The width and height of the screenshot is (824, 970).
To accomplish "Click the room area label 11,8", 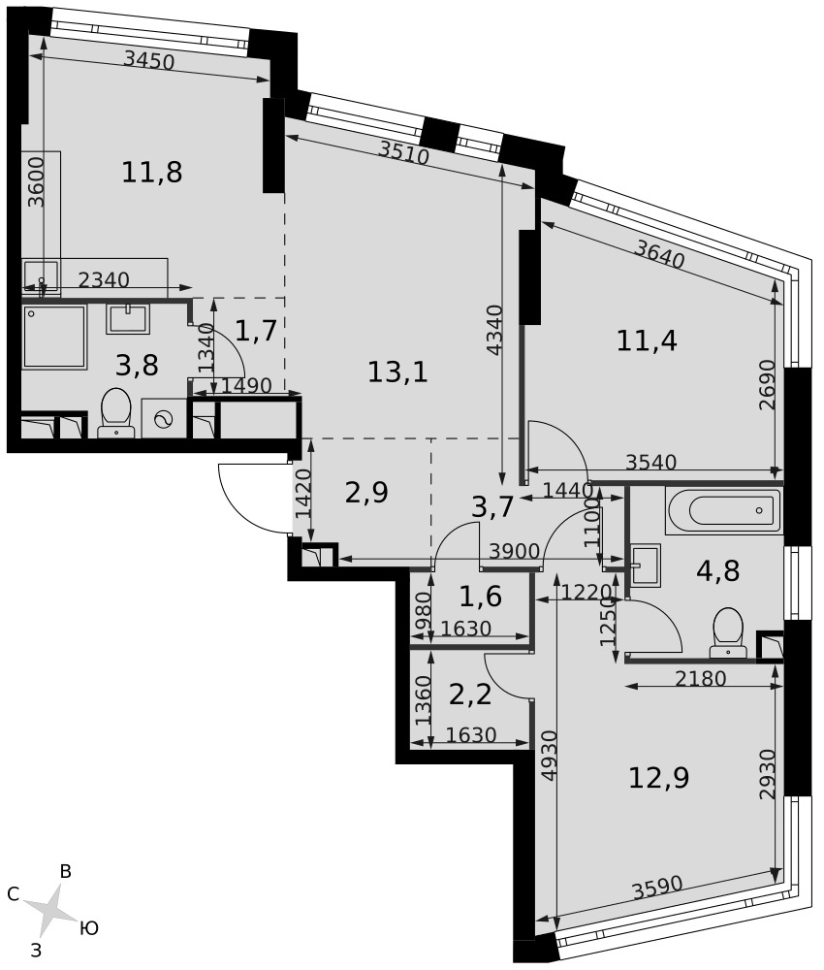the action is tap(152, 172).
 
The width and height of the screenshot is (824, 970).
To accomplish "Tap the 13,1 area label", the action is tap(397, 372).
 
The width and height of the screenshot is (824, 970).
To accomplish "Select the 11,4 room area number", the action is tap(648, 340).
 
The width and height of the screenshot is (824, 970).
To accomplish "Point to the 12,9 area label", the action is tap(658, 778).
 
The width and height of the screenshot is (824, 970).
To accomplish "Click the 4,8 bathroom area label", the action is tap(717, 571).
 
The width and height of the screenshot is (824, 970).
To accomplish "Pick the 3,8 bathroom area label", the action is tap(137, 366).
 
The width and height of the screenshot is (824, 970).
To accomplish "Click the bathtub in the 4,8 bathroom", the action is tap(724, 510).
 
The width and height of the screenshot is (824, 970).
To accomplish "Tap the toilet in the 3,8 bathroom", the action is tap(115, 412).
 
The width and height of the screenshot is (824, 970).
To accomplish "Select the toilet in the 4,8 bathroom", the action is tap(728, 632).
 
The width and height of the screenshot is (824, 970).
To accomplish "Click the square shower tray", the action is tap(54, 337).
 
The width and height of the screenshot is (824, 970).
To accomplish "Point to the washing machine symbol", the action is tap(164, 419).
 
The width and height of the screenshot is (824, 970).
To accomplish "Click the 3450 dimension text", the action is tap(149, 60).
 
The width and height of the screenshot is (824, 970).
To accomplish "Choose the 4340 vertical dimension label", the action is tap(493, 331).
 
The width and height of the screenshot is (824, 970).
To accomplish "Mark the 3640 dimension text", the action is tap(660, 254).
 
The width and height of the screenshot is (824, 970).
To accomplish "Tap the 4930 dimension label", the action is tap(549, 758).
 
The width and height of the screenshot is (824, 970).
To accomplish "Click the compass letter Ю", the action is tap(89, 928).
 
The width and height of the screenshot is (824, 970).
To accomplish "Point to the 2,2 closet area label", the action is tap(470, 695).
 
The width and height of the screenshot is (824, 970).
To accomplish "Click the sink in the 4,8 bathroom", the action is tap(646, 565).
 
